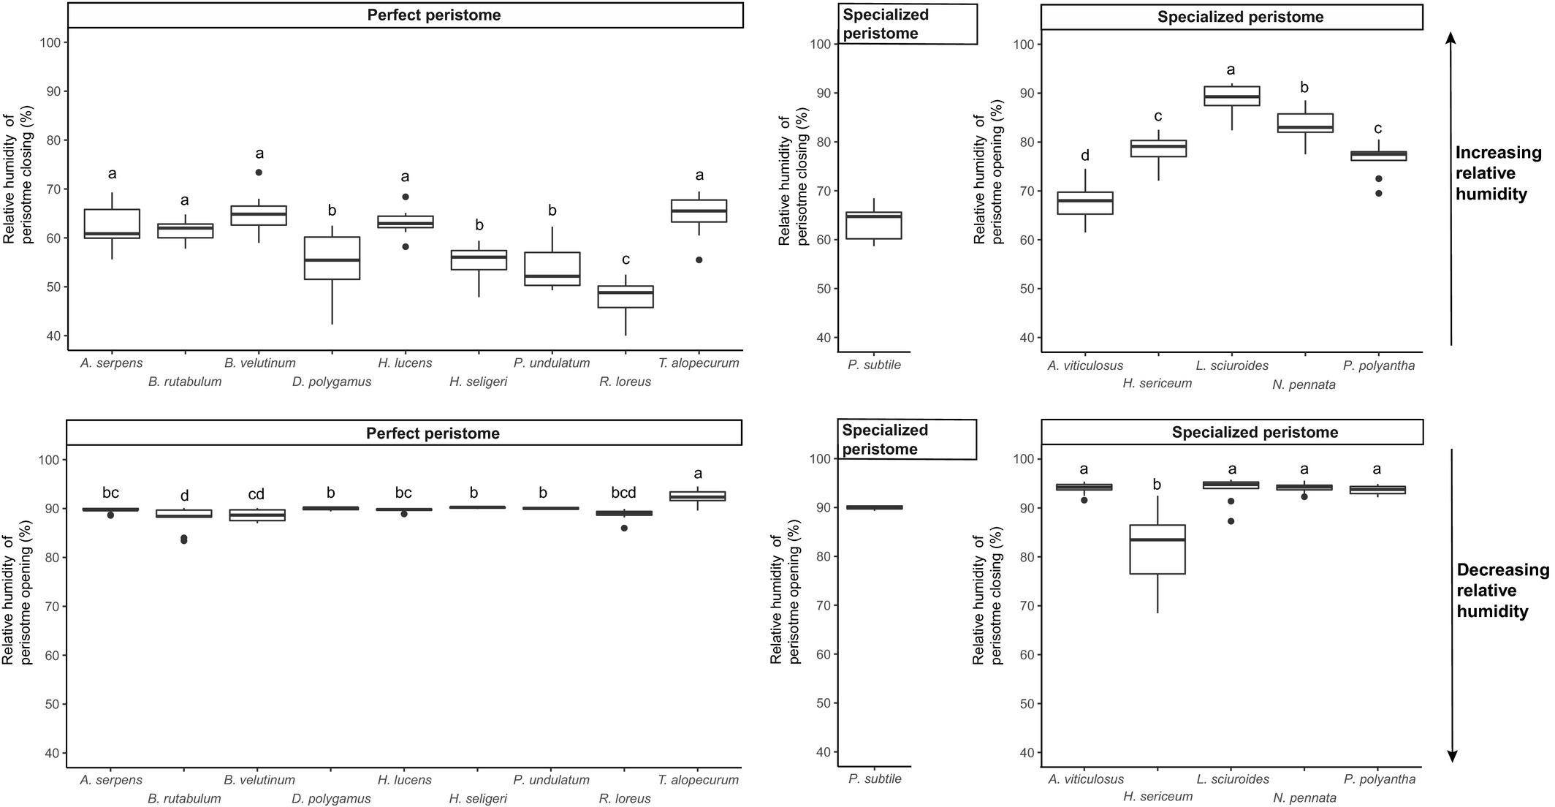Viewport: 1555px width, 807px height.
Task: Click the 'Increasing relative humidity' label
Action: tap(1498, 174)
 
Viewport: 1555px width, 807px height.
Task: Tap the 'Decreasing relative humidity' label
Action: tap(1502, 591)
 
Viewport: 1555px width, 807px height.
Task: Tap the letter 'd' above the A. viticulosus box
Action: tap(1085, 155)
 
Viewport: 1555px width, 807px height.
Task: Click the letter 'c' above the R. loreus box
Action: tap(626, 259)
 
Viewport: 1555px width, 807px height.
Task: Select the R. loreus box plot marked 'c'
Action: tap(626, 296)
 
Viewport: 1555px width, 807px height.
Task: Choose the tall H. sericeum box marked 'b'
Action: tap(1158, 549)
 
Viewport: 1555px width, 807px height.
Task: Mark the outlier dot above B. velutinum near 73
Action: tap(259, 173)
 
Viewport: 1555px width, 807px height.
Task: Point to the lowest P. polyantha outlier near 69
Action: tap(1379, 194)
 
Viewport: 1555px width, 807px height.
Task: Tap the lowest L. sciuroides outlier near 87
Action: tap(1231, 521)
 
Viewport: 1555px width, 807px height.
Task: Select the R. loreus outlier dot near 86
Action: tap(624, 528)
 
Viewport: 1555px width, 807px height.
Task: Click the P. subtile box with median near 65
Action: tap(874, 225)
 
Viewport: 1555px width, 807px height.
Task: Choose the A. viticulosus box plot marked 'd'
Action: tap(1085, 202)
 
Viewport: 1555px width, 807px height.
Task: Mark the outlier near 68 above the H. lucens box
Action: tap(406, 197)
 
